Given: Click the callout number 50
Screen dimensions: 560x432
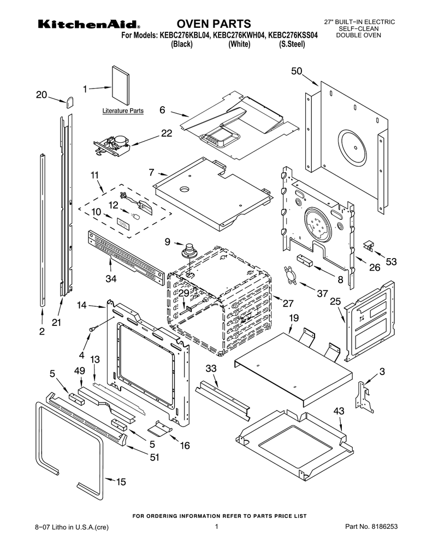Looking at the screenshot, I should [x=297, y=71].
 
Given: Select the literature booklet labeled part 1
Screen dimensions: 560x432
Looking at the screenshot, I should [x=120, y=85].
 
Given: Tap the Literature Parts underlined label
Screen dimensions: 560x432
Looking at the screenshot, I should [x=123, y=110].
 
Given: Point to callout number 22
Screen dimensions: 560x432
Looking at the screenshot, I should [x=167, y=132].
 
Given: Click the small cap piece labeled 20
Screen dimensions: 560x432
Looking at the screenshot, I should [x=70, y=101].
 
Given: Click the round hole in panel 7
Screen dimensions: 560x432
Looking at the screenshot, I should [x=185, y=189].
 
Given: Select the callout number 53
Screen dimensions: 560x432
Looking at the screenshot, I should [x=391, y=261].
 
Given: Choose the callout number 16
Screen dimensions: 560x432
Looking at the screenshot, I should [x=185, y=446].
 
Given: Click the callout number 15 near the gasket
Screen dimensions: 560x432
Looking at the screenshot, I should [x=121, y=482].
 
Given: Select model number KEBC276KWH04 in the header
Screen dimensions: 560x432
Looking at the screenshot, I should [x=239, y=35].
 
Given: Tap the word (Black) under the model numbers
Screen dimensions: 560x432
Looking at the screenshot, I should [x=182, y=44].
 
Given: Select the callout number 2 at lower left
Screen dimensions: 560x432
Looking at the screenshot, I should [x=42, y=331].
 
